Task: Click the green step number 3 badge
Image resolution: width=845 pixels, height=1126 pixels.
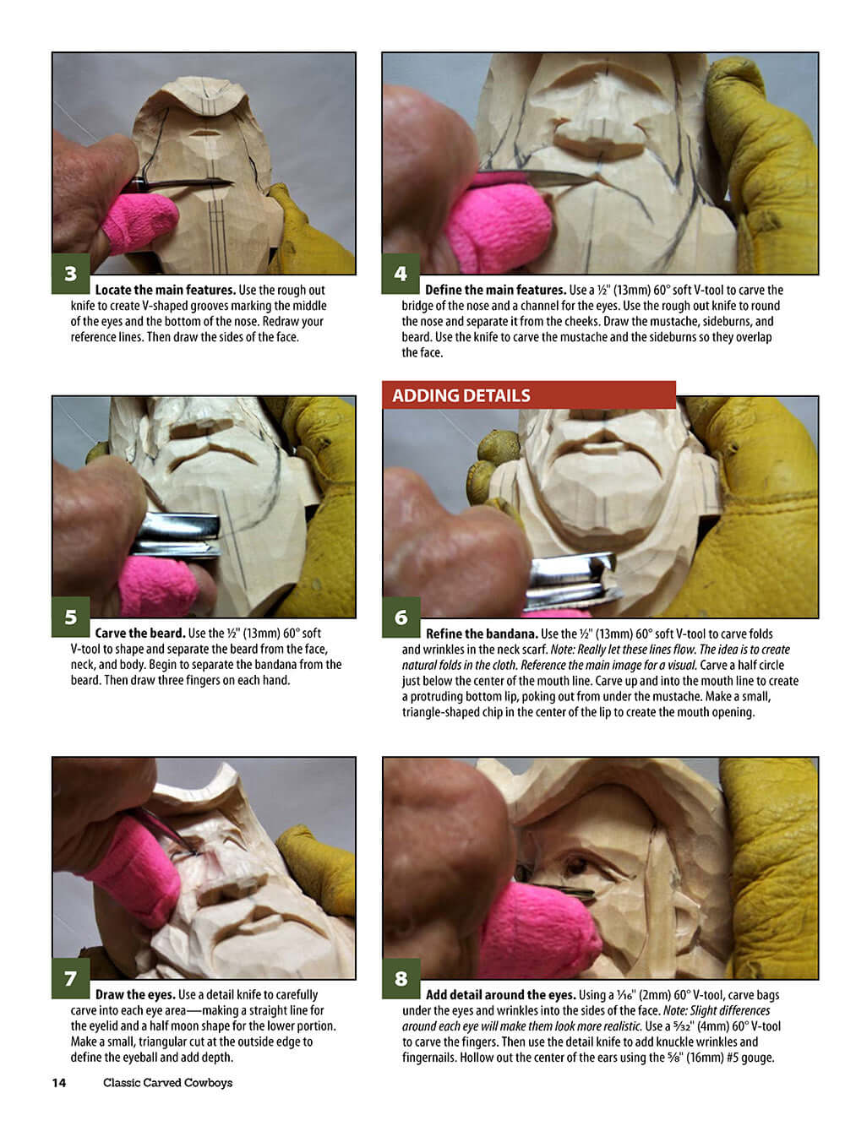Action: point(71,274)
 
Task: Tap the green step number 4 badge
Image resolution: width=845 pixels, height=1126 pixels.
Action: point(401,274)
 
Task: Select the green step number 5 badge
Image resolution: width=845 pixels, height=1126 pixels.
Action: point(71,617)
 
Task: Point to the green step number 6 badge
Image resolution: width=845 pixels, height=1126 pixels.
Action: point(401,617)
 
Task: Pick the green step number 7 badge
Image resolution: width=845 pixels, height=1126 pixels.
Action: point(71,978)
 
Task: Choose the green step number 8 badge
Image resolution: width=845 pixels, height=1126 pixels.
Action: point(401,978)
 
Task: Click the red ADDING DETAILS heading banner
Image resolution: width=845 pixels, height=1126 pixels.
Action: point(528,395)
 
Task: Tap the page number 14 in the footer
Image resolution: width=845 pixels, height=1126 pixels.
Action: point(59,1082)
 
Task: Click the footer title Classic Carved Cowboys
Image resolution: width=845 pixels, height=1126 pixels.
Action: point(168,1082)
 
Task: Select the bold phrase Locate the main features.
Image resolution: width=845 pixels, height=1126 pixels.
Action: point(166,290)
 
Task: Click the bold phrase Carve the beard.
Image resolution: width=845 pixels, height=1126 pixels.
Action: point(140,633)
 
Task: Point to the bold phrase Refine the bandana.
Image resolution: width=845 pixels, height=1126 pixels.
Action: point(482,634)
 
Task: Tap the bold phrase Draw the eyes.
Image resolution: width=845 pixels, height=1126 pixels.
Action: point(135,995)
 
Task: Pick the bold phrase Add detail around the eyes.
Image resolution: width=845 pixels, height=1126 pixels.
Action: point(500,995)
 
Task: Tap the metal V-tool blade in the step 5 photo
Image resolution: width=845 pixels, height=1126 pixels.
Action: point(176,535)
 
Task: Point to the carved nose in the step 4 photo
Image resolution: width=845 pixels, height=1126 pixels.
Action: point(600,131)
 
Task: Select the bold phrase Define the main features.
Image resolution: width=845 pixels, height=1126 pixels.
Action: point(495,290)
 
